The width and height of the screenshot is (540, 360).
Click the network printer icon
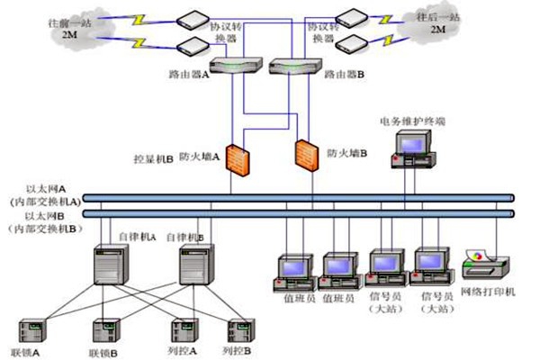[485, 264]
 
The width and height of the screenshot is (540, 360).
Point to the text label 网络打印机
[487, 292]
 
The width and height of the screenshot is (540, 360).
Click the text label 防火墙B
[347, 154]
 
